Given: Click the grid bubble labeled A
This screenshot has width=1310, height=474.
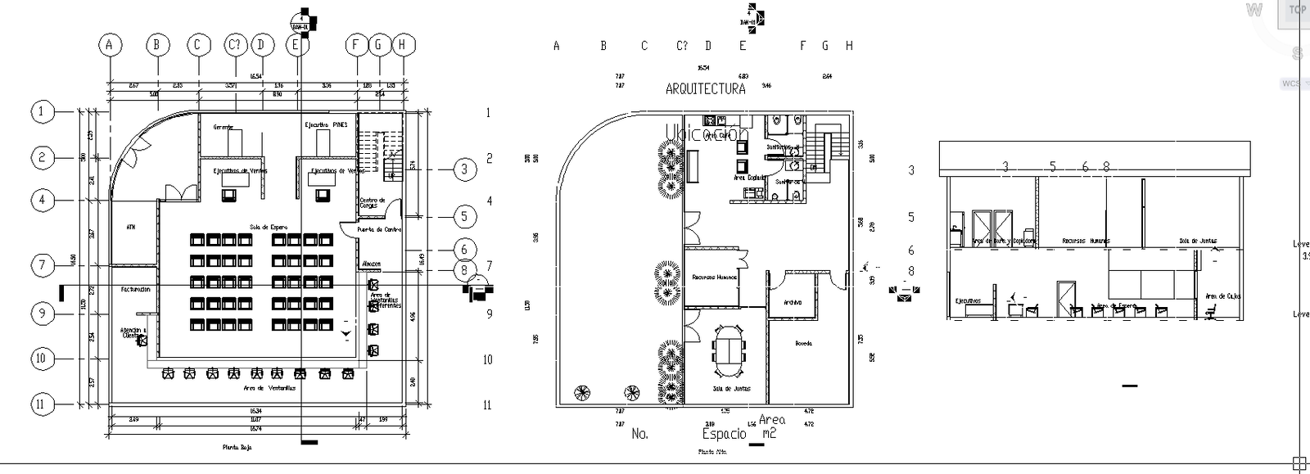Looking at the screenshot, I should pyautogui.click(x=109, y=45).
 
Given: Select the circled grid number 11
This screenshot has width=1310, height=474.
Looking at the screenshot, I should pyautogui.click(x=43, y=404).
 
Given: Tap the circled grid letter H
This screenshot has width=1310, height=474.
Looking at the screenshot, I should pyautogui.click(x=402, y=45).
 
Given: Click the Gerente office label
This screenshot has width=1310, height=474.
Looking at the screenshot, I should pyautogui.click(x=224, y=127).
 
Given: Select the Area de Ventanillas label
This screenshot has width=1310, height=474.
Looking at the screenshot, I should pyautogui.click(x=269, y=387).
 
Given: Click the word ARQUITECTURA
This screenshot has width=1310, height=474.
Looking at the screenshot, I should pyautogui.click(x=705, y=88).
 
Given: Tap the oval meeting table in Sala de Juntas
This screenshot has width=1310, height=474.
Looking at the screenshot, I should pyautogui.click(x=729, y=349).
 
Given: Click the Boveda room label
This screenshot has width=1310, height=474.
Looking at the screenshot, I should pyautogui.click(x=802, y=343).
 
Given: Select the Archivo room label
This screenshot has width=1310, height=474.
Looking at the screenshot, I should pyautogui.click(x=792, y=302).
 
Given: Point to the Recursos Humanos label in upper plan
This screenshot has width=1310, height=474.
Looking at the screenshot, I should pyautogui.click(x=714, y=277).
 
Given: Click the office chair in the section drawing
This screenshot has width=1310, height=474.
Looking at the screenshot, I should pyautogui.click(x=1210, y=312).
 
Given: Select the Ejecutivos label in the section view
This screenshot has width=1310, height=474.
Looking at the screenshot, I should pyautogui.click(x=968, y=300).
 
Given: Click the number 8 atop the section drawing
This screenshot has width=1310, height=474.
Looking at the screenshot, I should pyautogui.click(x=1105, y=166).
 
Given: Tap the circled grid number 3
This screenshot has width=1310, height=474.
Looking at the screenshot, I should pyautogui.click(x=464, y=169).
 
